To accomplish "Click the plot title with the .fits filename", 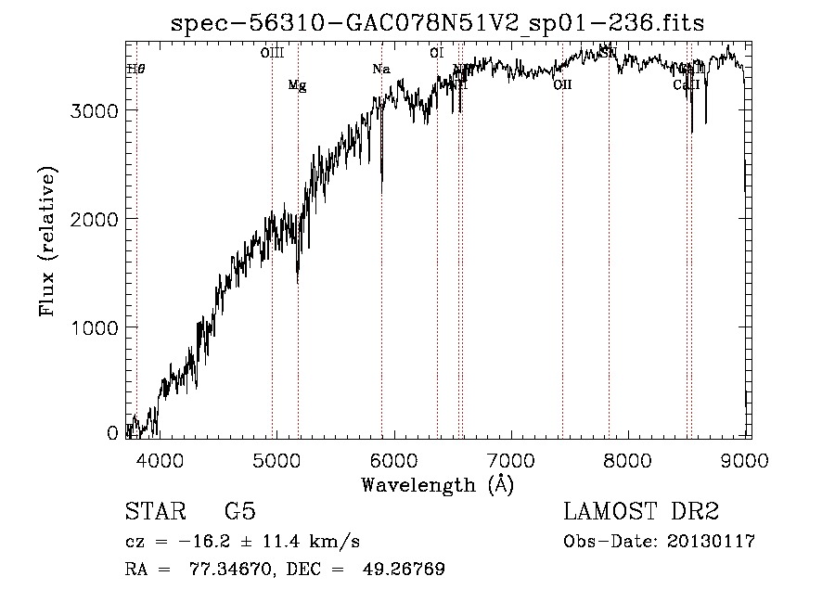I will point(437,24).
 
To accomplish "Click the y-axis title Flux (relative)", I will point(47,241).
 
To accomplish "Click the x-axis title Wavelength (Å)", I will point(437,483).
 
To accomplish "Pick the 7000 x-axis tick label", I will point(511,460).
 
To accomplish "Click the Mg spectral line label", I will point(297,85).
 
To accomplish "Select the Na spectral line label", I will point(381,70).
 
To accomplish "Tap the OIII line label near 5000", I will point(272,54).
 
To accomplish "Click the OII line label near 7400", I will point(562,85).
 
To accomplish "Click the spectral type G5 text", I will point(239,512).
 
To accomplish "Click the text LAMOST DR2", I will point(640,512).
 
